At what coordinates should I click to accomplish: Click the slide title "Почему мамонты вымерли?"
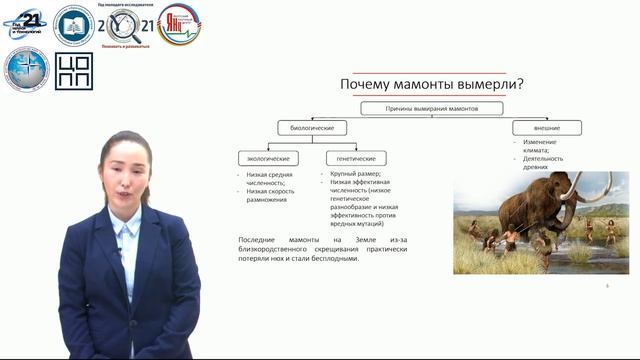432,85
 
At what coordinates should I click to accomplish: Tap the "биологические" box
311,128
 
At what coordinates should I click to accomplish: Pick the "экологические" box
269,158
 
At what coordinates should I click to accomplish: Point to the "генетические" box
356,158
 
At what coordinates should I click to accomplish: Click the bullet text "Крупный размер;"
356,174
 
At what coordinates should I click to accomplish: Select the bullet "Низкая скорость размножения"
271,196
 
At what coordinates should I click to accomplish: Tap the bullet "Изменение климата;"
541,146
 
